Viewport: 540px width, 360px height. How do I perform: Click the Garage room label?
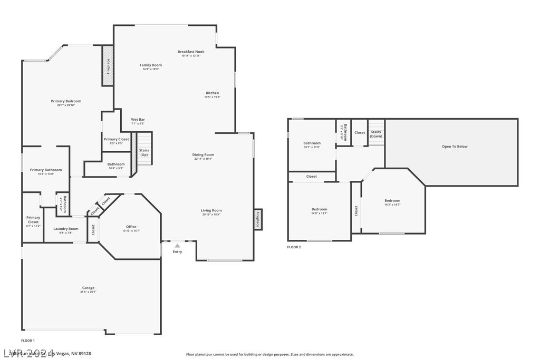pyautogui.click(x=88, y=288)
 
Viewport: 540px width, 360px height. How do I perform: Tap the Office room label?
pyautogui.click(x=131, y=227)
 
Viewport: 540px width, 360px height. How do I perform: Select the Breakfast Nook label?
pyautogui.click(x=190, y=52)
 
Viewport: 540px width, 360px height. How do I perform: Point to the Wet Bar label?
pyautogui.click(x=138, y=120)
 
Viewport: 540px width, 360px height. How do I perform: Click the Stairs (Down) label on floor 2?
pyautogui.click(x=375, y=134)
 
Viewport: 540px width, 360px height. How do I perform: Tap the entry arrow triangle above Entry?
pyautogui.click(x=177, y=245)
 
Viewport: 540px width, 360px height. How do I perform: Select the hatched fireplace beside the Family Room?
pyautogui.click(x=108, y=66)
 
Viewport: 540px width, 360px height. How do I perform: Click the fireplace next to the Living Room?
pyautogui.click(x=258, y=219)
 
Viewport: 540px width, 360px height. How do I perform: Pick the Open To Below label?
pyautogui.click(x=455, y=147)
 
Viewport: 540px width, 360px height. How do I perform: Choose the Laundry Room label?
pyautogui.click(x=66, y=229)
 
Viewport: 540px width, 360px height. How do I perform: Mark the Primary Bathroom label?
pyautogui.click(x=46, y=170)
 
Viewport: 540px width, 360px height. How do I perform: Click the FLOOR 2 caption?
pyautogui.click(x=294, y=247)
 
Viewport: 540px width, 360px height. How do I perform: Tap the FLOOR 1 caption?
pyautogui.click(x=27, y=340)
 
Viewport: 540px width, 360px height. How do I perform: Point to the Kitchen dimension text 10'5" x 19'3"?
pyautogui.click(x=212, y=97)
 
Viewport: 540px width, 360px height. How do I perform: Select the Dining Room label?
pyautogui.click(x=203, y=155)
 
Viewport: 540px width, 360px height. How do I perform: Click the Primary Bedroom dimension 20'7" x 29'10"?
pyautogui.click(x=66, y=105)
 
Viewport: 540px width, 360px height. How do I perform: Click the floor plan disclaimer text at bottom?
pyautogui.click(x=269, y=354)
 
